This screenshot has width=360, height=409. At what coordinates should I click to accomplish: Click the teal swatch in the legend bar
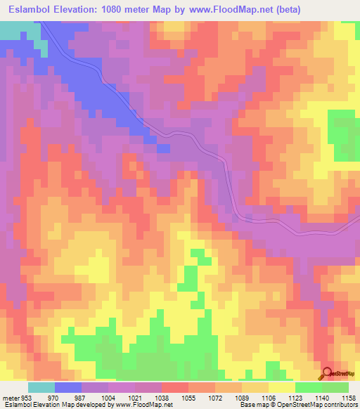coord(41,388)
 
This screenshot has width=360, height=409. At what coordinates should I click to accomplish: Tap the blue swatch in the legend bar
coord(68,388)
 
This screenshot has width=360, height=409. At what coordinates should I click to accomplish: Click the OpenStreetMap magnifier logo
coord(327,374)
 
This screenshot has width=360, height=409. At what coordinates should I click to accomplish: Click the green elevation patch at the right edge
coord(345,134)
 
